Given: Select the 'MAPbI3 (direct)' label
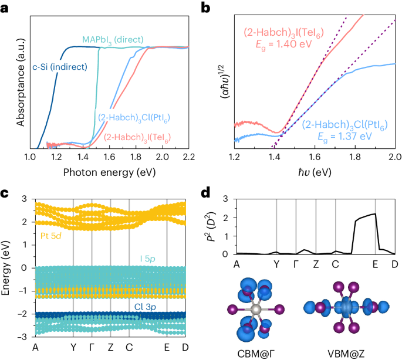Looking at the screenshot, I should click(x=113, y=40).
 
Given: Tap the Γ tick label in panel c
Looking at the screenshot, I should click(x=92, y=346).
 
